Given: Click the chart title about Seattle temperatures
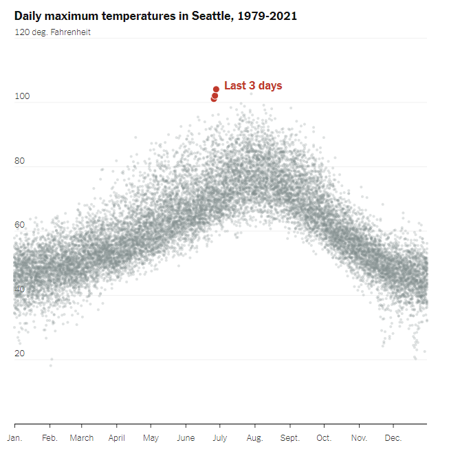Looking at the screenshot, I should tap(155, 16).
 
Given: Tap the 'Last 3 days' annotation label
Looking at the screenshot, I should tap(253, 86).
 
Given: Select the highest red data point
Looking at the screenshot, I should tap(216, 89).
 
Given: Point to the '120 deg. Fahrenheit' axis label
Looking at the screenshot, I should tap(52, 32).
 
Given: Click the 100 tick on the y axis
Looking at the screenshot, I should tap(22, 97).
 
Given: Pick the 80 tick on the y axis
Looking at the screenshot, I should tap(20, 162).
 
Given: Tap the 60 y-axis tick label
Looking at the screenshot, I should tap(20, 225).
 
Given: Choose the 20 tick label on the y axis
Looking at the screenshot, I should tap(20, 354).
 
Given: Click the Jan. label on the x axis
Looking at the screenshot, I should tap(14, 438).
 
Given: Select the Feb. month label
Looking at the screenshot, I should tap(50, 438).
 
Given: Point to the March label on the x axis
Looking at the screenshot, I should tap(82, 438).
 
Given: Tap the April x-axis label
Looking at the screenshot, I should tap(117, 438).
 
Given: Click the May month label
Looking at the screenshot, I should tap(151, 438).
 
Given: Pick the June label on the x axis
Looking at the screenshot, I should tap(186, 438).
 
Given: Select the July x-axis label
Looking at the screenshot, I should tap(220, 438).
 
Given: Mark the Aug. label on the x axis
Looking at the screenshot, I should tap(254, 438).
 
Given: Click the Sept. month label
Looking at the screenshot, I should tap(290, 438).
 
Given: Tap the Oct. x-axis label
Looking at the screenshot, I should tap(324, 438).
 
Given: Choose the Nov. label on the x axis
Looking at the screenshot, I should tap(359, 438).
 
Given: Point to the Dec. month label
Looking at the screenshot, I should tap(393, 438).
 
